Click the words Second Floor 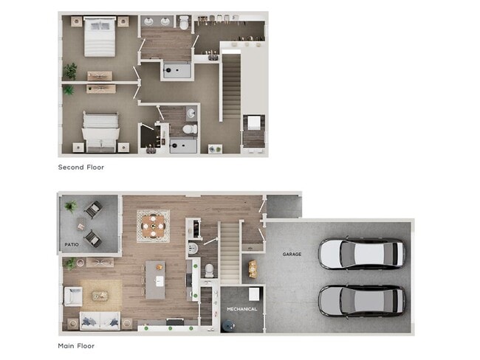tap(81, 167)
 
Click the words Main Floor tap(76, 345)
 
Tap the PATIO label tap(71, 244)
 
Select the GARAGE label tap(292, 255)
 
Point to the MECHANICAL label tap(241, 309)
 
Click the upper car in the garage tap(361, 254)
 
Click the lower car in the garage tap(361, 300)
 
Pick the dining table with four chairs tap(153, 224)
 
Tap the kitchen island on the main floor tap(155, 280)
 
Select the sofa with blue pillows tap(99, 320)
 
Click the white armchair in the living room tap(73, 296)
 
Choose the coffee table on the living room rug tap(100, 296)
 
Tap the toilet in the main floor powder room tap(208, 269)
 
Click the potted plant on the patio tap(71, 207)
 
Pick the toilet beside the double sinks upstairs tap(184, 24)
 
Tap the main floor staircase tap(230, 251)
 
